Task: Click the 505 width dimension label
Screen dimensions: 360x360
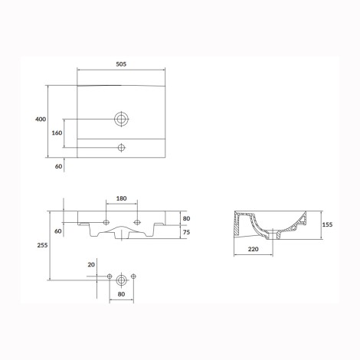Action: (x=121, y=64)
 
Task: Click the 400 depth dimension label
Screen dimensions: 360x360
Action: (x=41, y=119)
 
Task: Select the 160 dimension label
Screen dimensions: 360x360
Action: (x=57, y=133)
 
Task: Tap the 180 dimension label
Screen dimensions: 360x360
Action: (x=121, y=198)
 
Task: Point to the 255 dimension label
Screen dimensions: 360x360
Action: (x=42, y=245)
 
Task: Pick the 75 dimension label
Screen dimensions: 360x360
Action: (x=186, y=232)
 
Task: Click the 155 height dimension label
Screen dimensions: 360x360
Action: (x=327, y=224)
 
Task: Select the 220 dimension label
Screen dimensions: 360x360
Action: (x=254, y=249)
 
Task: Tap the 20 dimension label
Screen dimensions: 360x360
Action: (x=91, y=265)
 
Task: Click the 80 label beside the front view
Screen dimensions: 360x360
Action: (x=186, y=218)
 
